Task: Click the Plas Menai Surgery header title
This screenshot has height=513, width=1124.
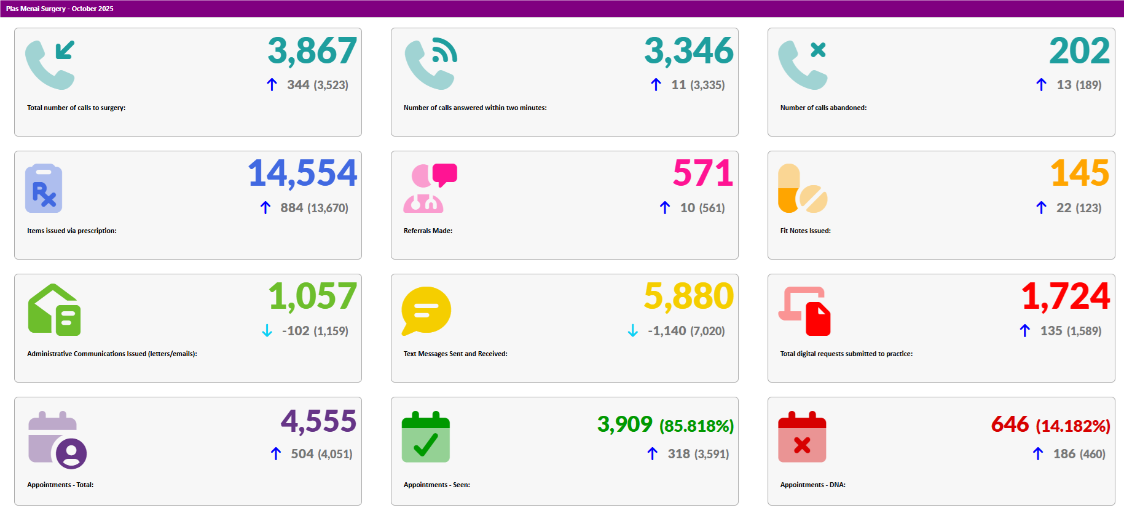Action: coord(60,9)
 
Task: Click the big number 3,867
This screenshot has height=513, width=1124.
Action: coord(312,51)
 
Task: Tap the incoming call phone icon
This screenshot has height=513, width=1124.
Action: coord(50,65)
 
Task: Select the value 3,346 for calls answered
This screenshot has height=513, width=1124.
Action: coord(689,51)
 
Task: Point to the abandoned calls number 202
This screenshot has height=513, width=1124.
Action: coord(1079,51)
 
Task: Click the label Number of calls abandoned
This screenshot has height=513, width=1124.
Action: coord(823,108)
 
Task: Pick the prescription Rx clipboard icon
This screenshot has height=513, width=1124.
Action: coord(44,188)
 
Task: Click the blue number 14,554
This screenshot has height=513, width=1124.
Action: coord(302,173)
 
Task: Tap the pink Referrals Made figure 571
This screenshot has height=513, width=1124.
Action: coord(703,173)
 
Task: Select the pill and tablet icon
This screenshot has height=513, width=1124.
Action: coord(802,189)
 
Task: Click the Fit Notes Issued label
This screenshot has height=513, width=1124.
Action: coord(805,231)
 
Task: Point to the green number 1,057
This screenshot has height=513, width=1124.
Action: coord(312,296)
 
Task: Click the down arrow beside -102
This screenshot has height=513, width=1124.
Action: coord(267,331)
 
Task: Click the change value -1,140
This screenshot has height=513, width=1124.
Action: coord(667,331)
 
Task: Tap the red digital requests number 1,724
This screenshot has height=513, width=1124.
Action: coord(1066,296)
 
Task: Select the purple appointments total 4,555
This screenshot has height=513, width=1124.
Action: coord(318,422)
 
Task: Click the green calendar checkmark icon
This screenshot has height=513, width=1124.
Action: coord(426,437)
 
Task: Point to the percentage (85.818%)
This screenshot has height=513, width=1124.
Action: coord(696,426)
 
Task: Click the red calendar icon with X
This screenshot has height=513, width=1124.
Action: coord(802,437)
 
